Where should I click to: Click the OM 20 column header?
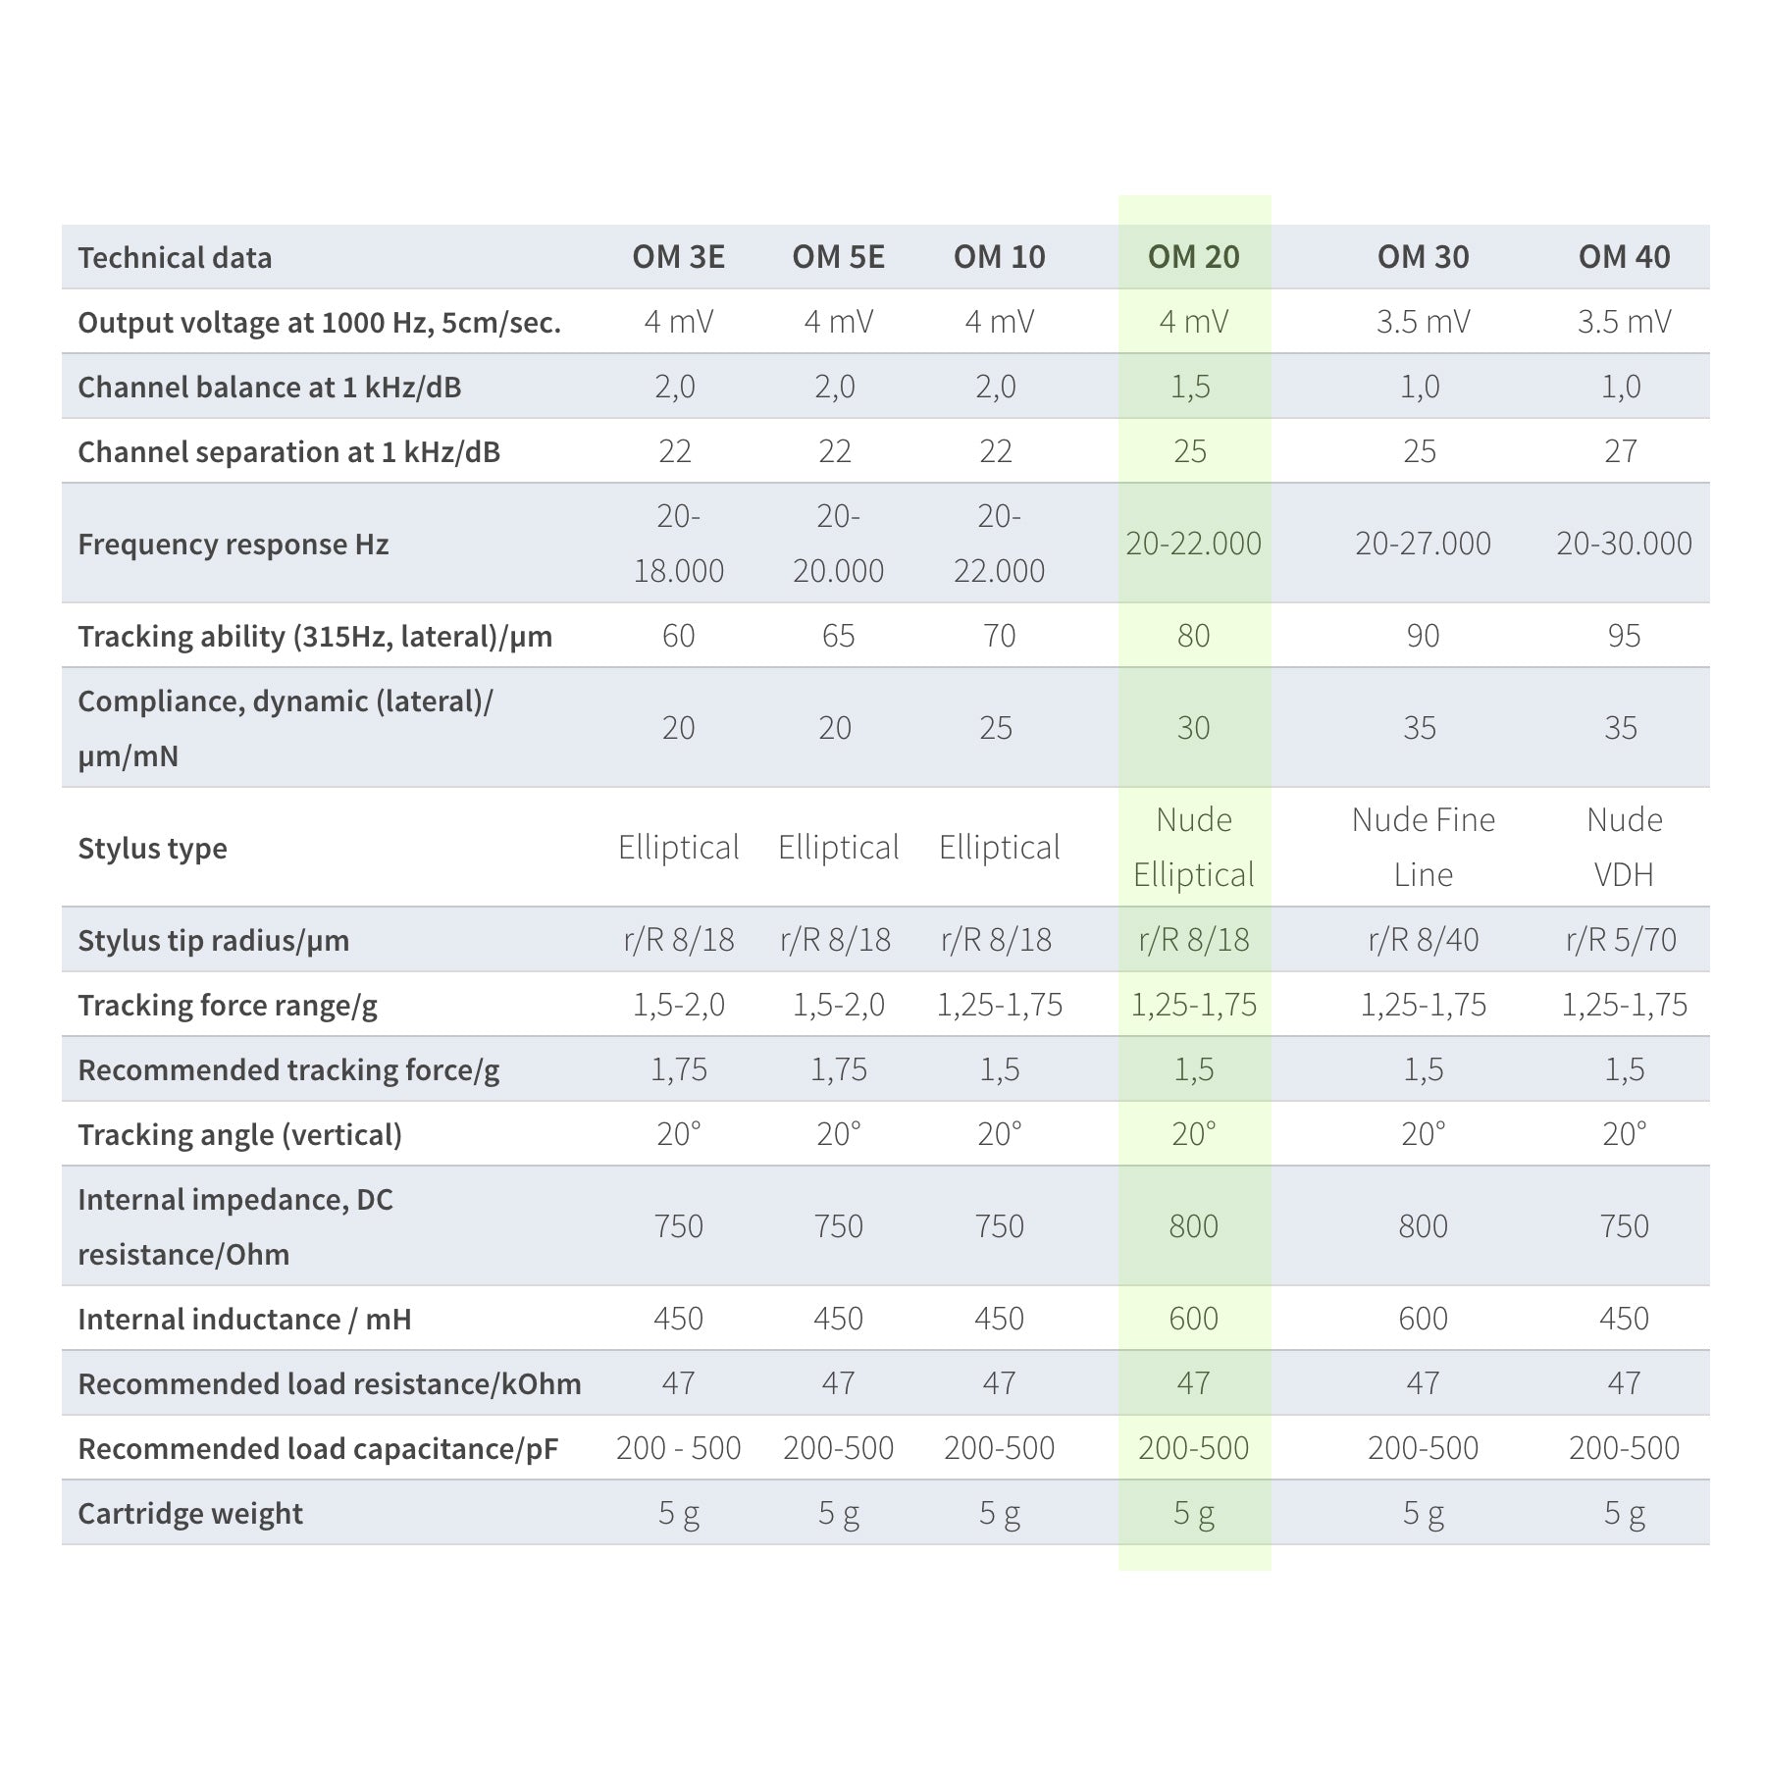1193,257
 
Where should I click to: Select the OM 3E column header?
678,257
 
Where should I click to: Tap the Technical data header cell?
175,258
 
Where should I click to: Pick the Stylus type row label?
152,848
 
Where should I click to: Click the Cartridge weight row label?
190,1513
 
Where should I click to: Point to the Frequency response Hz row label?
233,544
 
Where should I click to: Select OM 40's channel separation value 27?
1621,451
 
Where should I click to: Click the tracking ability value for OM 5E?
838,636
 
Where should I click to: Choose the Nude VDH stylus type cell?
1624,847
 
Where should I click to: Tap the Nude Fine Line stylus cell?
1423,847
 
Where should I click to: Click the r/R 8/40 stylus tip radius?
1423,940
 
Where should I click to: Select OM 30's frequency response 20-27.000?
1423,544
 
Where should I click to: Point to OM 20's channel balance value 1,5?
1190,387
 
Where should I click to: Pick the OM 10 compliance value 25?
996,728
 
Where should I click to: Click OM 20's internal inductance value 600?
1193,1319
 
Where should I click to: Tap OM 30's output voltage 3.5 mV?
1423,322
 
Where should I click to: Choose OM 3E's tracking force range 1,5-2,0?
678,1005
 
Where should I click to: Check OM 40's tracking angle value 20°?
1624,1134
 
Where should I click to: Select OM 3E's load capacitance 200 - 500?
678,1448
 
